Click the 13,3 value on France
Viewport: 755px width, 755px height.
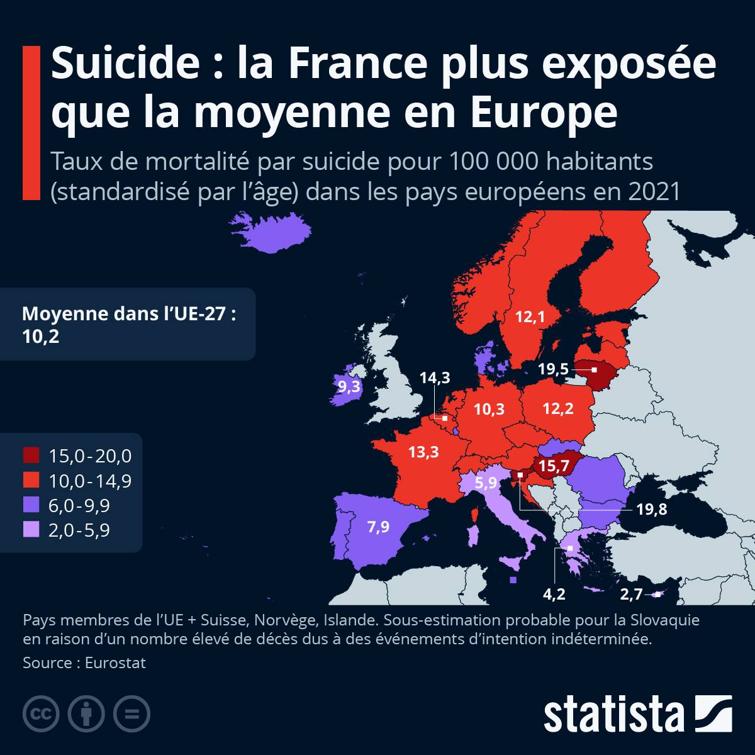(423, 452)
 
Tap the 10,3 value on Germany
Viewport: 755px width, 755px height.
(489, 410)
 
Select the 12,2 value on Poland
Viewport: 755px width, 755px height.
(558, 409)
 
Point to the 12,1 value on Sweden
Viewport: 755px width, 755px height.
(530, 317)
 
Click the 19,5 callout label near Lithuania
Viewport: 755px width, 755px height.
(553, 369)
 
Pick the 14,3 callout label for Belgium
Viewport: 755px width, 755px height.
(435, 377)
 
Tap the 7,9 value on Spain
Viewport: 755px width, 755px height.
(378, 527)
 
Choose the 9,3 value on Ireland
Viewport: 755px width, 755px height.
(349, 386)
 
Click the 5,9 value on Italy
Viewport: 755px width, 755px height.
(486, 483)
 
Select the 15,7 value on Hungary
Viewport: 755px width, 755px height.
(554, 466)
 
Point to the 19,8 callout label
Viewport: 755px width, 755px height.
(651, 509)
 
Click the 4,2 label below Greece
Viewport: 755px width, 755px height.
(554, 594)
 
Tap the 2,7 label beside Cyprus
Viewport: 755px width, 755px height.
(631, 595)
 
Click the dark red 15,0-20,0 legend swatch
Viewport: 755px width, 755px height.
(31, 455)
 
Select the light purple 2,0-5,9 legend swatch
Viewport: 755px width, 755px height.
(31, 530)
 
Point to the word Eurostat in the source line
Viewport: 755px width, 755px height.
(115, 663)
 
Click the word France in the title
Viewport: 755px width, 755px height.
(358, 63)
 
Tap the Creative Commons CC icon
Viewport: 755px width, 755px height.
(41, 714)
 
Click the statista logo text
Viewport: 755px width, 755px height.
(613, 715)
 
